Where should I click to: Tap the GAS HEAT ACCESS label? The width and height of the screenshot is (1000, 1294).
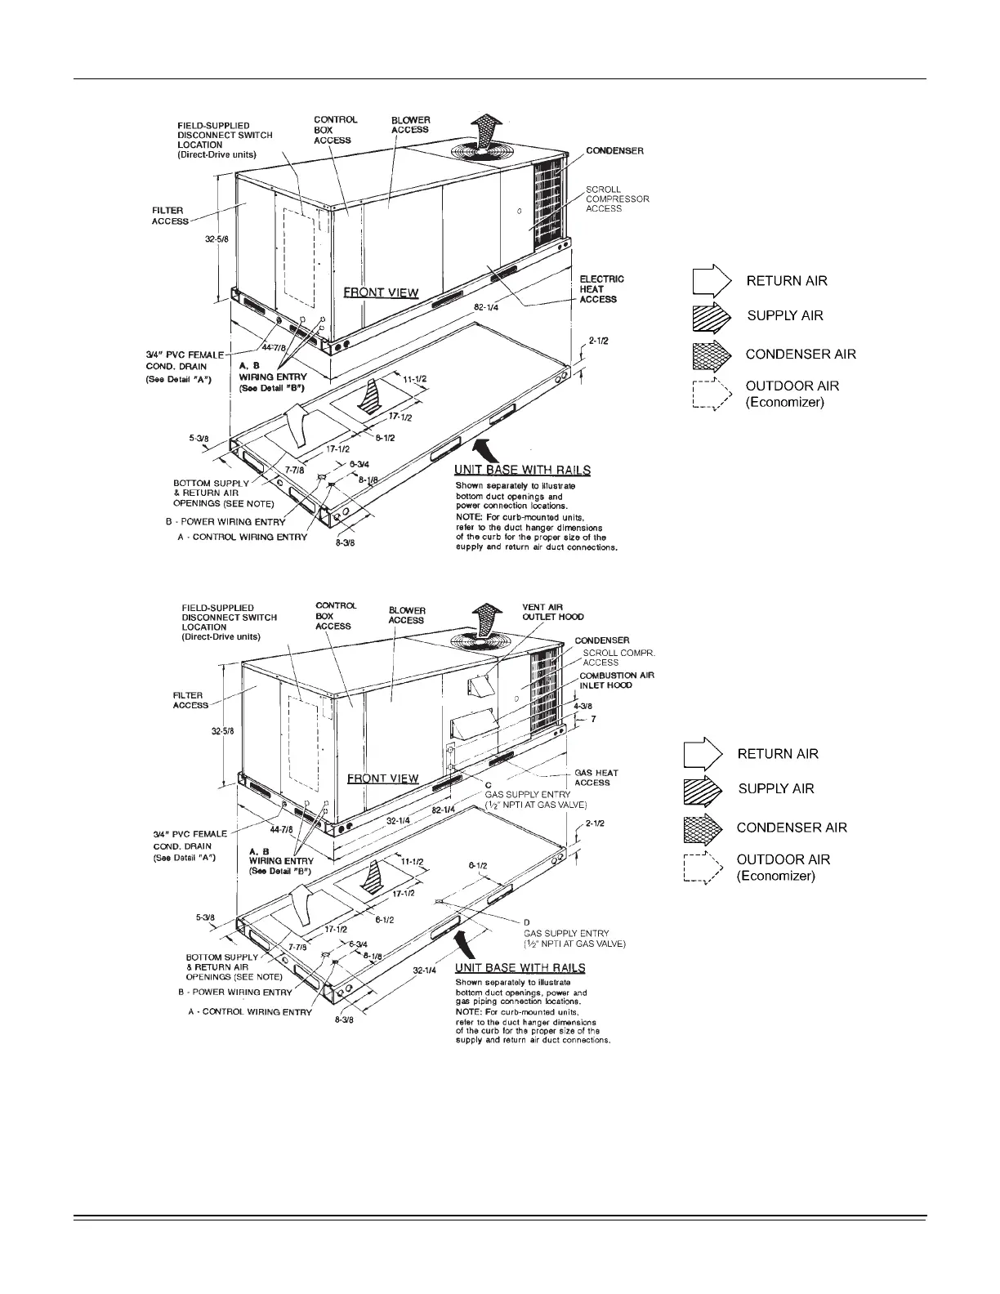(596, 778)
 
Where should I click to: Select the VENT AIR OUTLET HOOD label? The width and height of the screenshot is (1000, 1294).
(552, 612)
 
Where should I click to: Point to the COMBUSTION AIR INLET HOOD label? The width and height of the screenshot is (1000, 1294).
(617, 680)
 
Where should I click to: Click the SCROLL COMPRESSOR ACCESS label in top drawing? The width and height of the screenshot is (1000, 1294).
(617, 199)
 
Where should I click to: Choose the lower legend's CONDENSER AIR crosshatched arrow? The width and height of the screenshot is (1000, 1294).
(703, 828)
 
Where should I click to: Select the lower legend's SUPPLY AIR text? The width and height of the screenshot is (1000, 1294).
(775, 788)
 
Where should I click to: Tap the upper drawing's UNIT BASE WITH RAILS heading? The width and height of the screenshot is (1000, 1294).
(522, 470)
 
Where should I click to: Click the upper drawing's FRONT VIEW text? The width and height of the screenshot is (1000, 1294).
(381, 292)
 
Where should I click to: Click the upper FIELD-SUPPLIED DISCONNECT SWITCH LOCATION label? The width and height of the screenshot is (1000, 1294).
(225, 140)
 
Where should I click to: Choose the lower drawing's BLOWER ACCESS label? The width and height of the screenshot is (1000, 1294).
(406, 615)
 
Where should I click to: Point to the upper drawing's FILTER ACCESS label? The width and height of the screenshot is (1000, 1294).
(170, 216)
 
